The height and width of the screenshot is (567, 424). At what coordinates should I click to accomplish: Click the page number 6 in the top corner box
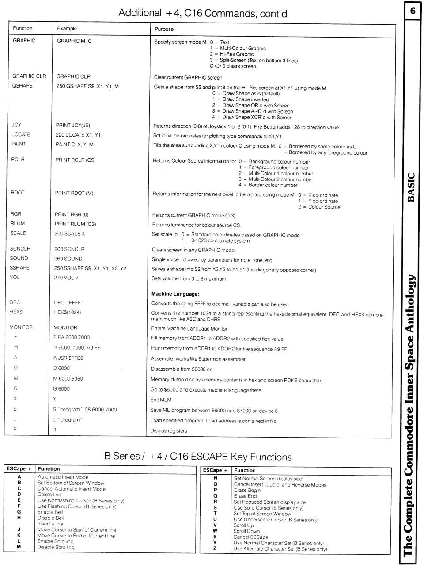[x=413, y=11]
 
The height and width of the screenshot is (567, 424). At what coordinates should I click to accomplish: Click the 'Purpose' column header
[x=164, y=29]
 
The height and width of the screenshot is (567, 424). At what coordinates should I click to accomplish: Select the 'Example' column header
[x=67, y=29]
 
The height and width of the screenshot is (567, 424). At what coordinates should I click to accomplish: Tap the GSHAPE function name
[x=22, y=86]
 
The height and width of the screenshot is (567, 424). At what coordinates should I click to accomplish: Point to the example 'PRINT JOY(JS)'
[x=73, y=126]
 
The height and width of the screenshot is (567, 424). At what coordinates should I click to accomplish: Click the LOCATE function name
[x=21, y=134]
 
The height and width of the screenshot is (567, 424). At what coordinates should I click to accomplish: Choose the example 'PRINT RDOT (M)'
[x=74, y=193]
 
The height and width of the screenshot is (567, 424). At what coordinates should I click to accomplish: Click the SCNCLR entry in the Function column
[x=20, y=249]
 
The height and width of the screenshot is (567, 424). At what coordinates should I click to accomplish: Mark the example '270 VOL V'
[x=66, y=278]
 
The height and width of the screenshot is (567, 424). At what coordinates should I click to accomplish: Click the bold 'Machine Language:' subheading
[x=175, y=294]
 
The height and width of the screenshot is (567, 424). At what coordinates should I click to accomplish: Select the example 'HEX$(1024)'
[x=67, y=312]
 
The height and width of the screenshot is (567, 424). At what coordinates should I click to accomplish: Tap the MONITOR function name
[x=21, y=327]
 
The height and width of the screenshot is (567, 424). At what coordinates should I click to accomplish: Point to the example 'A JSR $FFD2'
[x=68, y=358]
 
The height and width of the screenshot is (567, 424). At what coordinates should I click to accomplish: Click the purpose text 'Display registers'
[x=169, y=431]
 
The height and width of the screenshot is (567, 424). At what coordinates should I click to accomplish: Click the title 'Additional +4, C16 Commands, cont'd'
[x=203, y=13]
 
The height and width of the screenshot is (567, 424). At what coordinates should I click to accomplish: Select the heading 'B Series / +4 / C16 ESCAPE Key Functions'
[x=198, y=457]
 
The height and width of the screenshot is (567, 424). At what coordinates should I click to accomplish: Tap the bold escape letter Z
[x=215, y=549]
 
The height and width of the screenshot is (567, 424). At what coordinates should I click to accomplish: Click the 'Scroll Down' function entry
[x=246, y=531]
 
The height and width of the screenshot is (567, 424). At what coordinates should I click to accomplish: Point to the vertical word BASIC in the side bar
[x=412, y=187]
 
